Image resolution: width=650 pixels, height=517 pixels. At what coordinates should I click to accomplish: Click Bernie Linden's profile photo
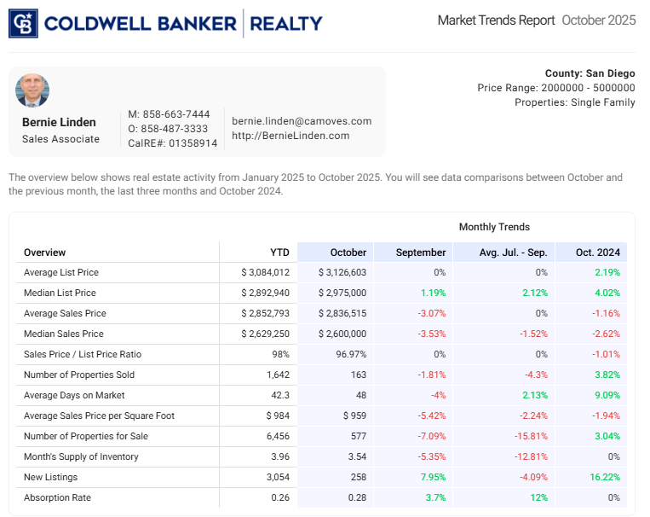[32, 90]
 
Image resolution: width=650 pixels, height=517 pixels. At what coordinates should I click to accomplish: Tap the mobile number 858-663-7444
[169, 114]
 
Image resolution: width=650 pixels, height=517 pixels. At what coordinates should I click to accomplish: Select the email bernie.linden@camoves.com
[302, 121]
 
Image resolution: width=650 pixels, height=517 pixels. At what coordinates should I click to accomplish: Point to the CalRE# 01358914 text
[172, 143]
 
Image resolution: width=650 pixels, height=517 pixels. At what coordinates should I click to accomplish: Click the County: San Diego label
[590, 73]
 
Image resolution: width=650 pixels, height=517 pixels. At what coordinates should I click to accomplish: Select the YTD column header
[279, 253]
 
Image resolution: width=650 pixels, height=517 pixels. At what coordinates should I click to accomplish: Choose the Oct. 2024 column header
[597, 253]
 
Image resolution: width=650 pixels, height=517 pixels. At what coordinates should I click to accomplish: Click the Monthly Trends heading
[494, 227]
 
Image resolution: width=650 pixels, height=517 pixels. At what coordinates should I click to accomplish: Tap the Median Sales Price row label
[64, 334]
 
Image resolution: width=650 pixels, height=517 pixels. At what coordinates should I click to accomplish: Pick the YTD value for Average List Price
[266, 273]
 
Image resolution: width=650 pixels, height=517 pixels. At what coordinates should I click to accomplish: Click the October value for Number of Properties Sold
[357, 375]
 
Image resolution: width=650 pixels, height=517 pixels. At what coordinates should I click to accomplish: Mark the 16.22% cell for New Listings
[602, 478]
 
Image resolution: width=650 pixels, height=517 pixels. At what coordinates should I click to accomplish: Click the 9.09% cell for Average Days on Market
[605, 396]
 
